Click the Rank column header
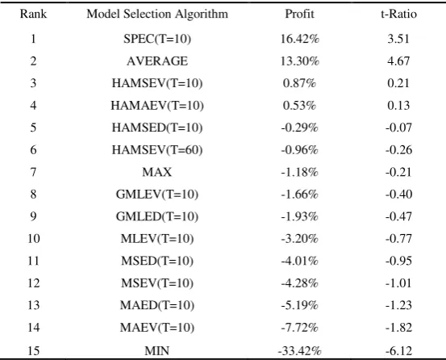(33, 14)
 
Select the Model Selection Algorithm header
(157, 14)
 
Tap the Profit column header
(299, 14)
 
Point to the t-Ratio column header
(398, 14)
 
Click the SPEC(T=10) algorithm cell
(157, 39)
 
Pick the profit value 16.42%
(299, 39)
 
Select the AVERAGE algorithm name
(157, 61)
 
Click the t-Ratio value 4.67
(398, 61)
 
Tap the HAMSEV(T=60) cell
(157, 150)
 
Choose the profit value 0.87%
(299, 83)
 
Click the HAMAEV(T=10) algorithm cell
(157, 106)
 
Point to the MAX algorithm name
(157, 172)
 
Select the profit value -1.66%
(299, 195)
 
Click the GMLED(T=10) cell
(157, 217)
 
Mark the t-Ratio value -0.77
(398, 239)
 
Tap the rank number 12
(34, 283)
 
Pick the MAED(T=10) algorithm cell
(157, 306)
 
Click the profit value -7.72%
(299, 328)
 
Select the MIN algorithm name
(157, 350)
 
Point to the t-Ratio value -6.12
(398, 350)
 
